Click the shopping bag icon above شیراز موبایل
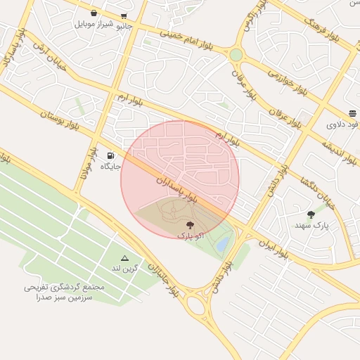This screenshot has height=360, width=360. [94, 13]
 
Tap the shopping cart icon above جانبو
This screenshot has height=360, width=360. [124, 16]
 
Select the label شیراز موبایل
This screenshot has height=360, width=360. [94, 24]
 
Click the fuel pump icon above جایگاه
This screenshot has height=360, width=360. [110, 155]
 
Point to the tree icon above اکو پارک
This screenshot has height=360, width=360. [190, 225]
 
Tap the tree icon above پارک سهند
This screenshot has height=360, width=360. [311, 214]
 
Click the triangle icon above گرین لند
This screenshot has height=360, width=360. [125, 259]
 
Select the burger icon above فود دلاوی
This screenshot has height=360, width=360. [352, 113]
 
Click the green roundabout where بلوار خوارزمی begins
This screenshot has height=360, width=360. [236, 54]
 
